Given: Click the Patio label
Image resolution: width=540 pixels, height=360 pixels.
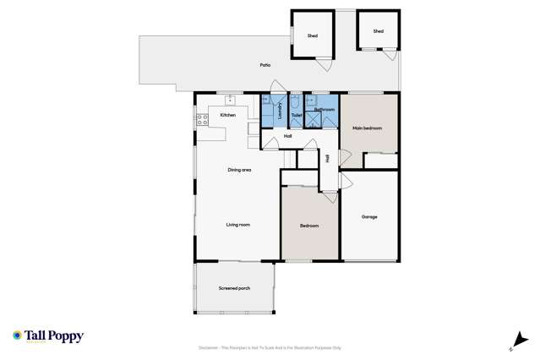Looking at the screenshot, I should click(x=265, y=65).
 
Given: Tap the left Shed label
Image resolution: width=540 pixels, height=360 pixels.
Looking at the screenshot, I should click(x=313, y=35).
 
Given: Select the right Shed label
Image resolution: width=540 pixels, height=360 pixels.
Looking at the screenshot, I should click(x=379, y=31).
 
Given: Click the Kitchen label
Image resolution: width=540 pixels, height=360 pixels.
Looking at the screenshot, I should click(x=227, y=115).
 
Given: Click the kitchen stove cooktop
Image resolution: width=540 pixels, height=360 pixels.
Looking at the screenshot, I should click(x=203, y=122).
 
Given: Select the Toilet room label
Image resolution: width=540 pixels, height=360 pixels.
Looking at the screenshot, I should click(x=297, y=115).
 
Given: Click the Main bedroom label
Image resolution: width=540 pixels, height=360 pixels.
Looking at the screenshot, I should click(x=368, y=128).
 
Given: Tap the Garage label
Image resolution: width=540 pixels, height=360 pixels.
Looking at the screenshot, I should click(x=369, y=216).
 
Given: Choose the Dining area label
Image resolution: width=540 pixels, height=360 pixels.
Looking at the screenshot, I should click(x=240, y=171).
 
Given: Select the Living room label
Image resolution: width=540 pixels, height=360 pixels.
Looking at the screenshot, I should click(x=237, y=225).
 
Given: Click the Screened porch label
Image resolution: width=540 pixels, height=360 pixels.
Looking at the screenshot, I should click(x=234, y=288).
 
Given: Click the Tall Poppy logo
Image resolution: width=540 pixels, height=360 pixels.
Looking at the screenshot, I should click(x=48, y=336).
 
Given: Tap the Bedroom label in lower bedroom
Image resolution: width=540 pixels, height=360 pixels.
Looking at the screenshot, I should click(x=308, y=226).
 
